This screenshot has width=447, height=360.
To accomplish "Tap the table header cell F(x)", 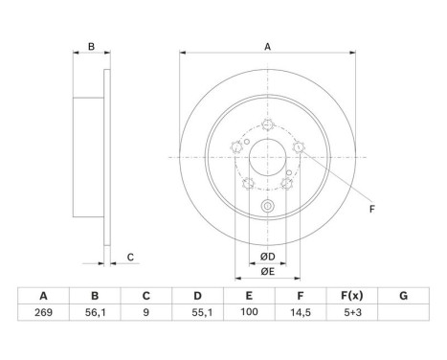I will [x=355, y=297].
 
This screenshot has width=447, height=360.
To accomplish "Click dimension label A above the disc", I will [x=267, y=45].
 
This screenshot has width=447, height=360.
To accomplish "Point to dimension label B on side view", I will [x=91, y=46].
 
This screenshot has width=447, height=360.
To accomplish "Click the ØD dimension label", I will [x=268, y=257].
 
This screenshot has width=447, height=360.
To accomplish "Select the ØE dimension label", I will [x=268, y=272].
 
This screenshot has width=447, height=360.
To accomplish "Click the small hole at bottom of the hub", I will [x=268, y=208].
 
